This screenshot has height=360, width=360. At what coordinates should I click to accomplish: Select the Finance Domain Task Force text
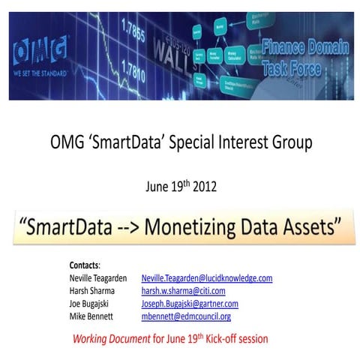click(x=304, y=58)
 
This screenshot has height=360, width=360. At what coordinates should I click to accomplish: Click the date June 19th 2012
click(x=179, y=186)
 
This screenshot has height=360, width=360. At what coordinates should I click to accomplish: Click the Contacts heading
click(x=85, y=265)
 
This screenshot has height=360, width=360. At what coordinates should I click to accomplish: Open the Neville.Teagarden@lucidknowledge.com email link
click(x=206, y=278)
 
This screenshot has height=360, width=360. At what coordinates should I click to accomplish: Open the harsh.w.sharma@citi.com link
click(x=183, y=291)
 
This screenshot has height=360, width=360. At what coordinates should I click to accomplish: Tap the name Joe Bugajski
click(x=91, y=304)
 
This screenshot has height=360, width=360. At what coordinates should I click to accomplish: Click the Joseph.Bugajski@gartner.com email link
click(x=190, y=304)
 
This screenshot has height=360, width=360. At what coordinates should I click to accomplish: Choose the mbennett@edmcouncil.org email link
click(x=186, y=316)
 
